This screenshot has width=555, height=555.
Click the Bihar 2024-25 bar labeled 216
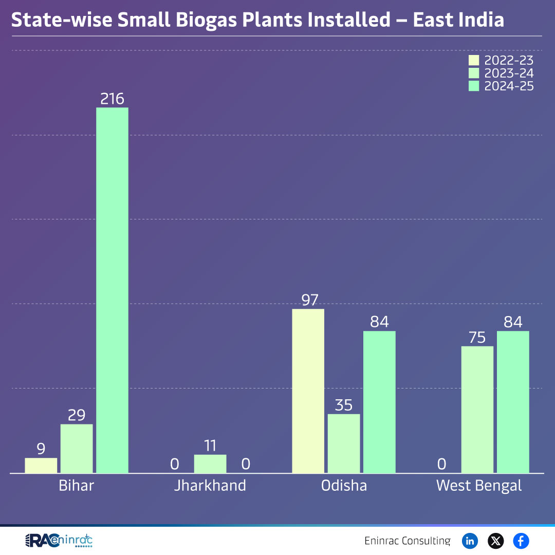point(113,290)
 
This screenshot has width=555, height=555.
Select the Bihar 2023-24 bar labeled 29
point(77,449)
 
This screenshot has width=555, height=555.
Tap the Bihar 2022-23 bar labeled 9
point(41,466)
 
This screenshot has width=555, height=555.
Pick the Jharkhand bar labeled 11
point(210,464)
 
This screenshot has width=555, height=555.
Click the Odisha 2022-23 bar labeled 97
point(308,391)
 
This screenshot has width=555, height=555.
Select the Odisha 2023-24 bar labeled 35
point(344,443)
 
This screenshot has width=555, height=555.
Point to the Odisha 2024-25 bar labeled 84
point(379,402)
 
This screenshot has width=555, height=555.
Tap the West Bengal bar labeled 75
point(477,410)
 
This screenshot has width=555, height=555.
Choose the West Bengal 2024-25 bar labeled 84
point(513,402)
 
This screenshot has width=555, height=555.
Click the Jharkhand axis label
point(210,486)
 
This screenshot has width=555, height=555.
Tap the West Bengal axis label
point(479,486)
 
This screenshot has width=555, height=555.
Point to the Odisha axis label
point(344,486)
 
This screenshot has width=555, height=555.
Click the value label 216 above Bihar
point(113,99)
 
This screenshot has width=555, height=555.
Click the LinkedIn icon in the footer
point(470,541)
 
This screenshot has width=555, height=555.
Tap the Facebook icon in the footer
point(521,541)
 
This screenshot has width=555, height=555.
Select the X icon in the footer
point(495,541)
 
